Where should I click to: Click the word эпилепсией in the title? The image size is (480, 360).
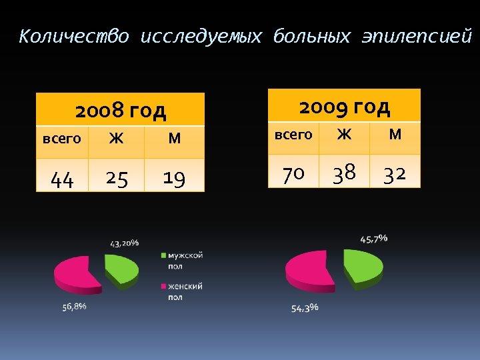pyautogui.click(x=416, y=37)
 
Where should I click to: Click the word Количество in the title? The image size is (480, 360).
pyautogui.click(x=73, y=37)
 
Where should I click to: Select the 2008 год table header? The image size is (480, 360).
pyautogui.click(x=120, y=110)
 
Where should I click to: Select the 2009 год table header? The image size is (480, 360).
pyautogui.click(x=344, y=106)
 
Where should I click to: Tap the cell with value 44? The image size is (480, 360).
pyautogui.click(x=62, y=179)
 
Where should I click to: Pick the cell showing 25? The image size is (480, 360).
pyautogui.click(x=117, y=179)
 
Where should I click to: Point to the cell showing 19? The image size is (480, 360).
pyautogui.click(x=174, y=179)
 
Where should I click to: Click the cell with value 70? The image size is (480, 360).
pyautogui.click(x=293, y=174)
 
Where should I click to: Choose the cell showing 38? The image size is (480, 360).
pyautogui.click(x=344, y=174)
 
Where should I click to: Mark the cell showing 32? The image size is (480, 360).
pyautogui.click(x=395, y=174)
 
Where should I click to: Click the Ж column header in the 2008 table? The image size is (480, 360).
pyautogui.click(x=116, y=139)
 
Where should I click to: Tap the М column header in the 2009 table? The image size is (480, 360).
pyautogui.click(x=395, y=135)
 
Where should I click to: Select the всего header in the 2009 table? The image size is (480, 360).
pyautogui.click(x=293, y=135)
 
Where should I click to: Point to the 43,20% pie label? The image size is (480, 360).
pyautogui.click(x=124, y=243)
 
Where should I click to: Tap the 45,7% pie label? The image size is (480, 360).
pyautogui.click(x=373, y=238)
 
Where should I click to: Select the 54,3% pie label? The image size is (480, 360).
pyautogui.click(x=305, y=307)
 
